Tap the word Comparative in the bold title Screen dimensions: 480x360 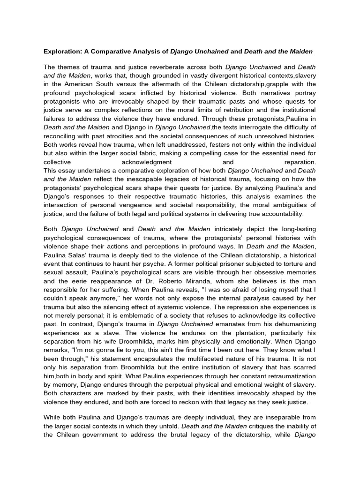tap(113, 50)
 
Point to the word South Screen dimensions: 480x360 tap(117, 84)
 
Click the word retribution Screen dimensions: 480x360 tap(263, 110)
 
